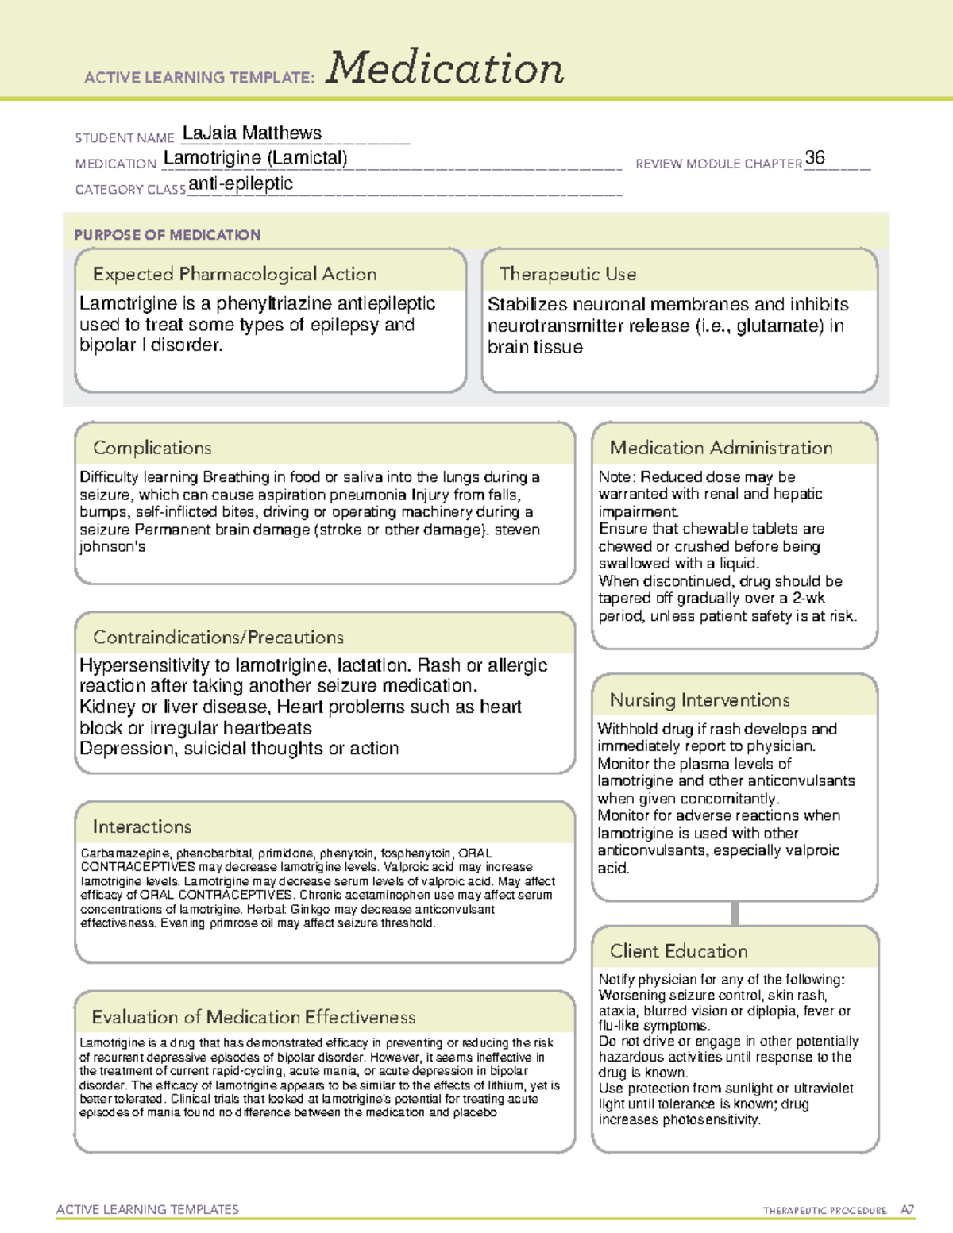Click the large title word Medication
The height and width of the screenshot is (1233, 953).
[445, 68]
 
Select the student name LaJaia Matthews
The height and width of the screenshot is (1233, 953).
[252, 133]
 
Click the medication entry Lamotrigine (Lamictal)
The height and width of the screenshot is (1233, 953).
[255, 158]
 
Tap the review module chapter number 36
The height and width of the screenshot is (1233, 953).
[815, 157]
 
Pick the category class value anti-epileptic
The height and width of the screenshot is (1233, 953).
[241, 184]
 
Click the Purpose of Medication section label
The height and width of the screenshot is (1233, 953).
[167, 235]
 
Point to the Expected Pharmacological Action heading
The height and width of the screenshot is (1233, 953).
[234, 274]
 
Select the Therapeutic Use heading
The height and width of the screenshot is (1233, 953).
[567, 274]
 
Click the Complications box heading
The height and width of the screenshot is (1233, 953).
[152, 448]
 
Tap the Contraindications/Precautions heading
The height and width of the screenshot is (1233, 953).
[218, 637]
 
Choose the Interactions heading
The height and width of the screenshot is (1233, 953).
[141, 826]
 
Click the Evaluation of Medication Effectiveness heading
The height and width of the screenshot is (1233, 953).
[253, 1017]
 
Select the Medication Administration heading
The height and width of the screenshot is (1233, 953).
[720, 448]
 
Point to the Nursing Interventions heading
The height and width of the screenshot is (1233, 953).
[699, 699]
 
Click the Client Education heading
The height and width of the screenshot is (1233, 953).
[678, 950]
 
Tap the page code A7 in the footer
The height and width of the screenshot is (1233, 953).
[907, 1210]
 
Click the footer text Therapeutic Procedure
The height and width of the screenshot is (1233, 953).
[824, 1211]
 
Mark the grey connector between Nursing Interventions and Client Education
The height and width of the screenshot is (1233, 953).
[735, 913]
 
